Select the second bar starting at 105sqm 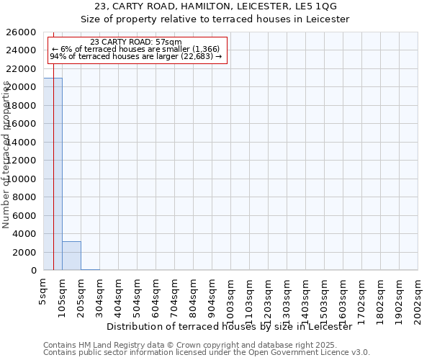tap(71, 256)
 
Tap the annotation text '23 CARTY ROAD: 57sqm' tap(136, 42)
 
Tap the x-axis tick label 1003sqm tap(231, 296)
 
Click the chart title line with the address tap(215, 6)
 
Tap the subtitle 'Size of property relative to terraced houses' tap(215, 19)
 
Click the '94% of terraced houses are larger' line tap(136, 56)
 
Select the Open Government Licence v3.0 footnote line tap(206, 352)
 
